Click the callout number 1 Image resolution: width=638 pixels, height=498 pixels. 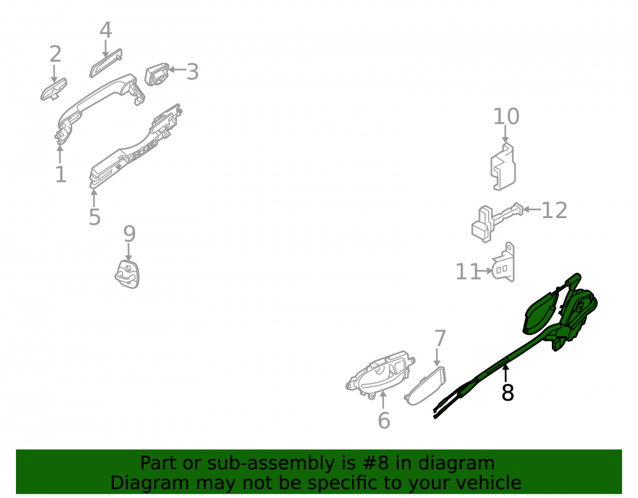61,174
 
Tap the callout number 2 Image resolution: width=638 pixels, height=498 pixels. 56,54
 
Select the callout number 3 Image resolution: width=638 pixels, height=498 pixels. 193,72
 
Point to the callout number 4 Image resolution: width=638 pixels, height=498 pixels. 106,31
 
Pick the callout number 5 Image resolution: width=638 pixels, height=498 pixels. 94,217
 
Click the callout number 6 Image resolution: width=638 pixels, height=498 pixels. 384,420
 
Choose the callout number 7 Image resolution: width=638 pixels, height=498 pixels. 440,338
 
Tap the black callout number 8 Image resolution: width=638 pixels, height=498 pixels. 507,393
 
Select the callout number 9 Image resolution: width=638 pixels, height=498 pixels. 130,234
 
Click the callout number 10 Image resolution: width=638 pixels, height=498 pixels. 506,117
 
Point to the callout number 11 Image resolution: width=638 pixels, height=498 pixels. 468,272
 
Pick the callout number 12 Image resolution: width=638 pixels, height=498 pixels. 554,210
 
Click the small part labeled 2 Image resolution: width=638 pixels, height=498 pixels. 54,89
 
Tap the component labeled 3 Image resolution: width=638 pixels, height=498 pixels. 157,75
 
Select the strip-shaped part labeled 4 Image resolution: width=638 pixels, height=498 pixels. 106,63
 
